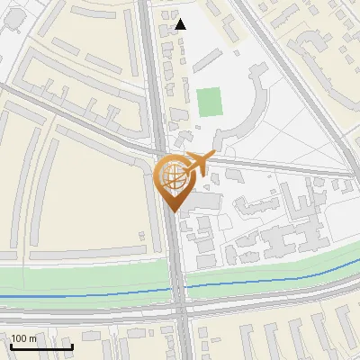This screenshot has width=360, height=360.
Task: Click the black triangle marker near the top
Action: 181,24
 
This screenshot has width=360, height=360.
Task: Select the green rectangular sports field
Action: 210,102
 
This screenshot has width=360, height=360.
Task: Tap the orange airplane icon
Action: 195,164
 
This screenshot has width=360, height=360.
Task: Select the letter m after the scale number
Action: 32,338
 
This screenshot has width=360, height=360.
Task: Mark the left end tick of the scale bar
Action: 12,346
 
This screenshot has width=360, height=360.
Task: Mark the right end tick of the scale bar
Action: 72,346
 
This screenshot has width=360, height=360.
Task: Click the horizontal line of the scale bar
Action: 41,347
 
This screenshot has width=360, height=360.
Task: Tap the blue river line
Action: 90,294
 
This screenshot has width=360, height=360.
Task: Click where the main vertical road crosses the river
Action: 177,288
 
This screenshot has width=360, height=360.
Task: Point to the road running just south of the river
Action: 90,312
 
